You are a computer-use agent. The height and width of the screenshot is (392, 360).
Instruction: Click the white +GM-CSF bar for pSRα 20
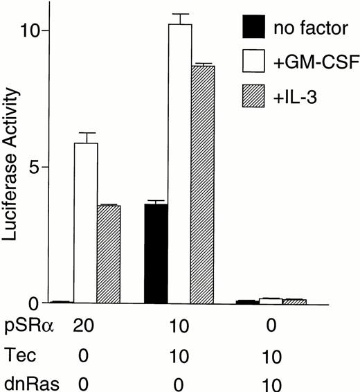click(86, 222)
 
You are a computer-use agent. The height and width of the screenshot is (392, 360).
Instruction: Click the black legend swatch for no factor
click(255, 30)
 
